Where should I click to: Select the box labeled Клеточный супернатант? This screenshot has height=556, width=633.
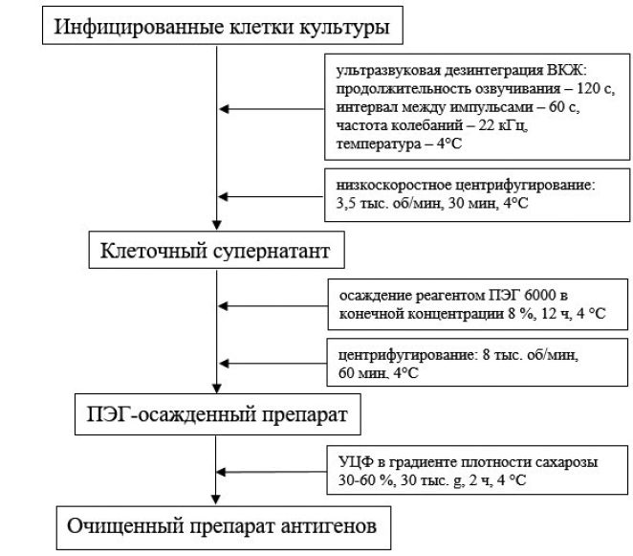pos(216,250)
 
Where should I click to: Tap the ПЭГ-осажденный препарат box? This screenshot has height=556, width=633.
pos(218,414)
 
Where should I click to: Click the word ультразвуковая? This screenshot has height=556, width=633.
pos(388,71)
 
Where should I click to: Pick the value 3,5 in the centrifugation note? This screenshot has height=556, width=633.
pos(346,203)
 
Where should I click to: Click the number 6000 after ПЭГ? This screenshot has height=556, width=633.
pos(540,296)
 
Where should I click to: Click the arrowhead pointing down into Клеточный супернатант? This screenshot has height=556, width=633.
pos(217,225)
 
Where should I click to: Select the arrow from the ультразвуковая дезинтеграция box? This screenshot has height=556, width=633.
pos(272,109)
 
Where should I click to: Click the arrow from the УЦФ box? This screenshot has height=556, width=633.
pos(272,472)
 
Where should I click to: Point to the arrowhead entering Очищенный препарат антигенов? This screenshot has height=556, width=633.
pos(215,500)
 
